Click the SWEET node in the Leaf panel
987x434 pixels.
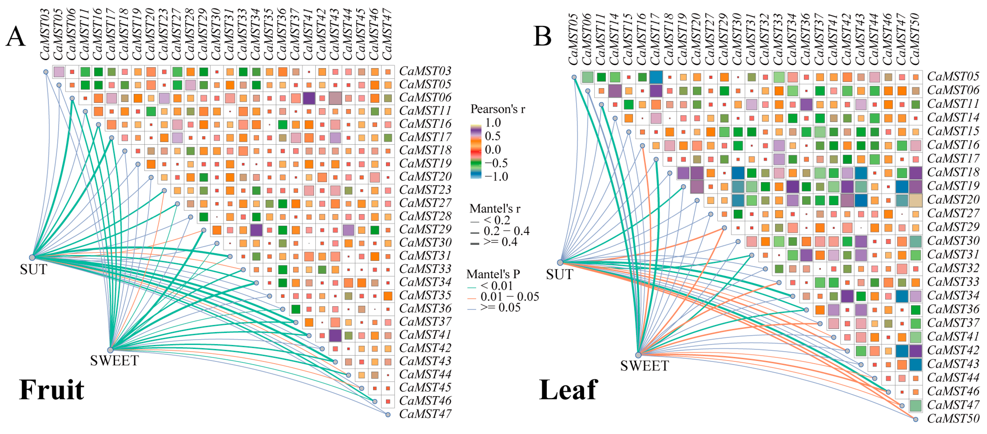click(x=638, y=355)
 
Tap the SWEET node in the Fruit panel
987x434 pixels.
click(x=110, y=350)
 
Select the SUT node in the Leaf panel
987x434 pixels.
click(x=560, y=262)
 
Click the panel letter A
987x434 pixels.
click(x=15, y=37)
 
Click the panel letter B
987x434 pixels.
click(x=543, y=37)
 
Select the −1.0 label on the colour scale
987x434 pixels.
click(x=496, y=177)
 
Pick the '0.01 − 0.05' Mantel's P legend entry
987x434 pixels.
click(x=509, y=297)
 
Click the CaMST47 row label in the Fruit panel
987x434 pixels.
click(x=425, y=414)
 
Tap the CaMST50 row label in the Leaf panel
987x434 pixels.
click(x=953, y=419)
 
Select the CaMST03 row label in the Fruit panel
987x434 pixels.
click(x=425, y=71)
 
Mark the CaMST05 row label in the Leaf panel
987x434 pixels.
click(x=953, y=76)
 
